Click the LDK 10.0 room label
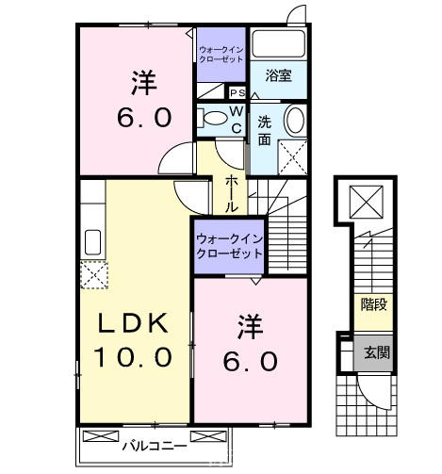[x=133, y=340]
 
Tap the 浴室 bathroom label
[x=278, y=75]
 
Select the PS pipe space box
[x=237, y=92]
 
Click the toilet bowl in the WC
[x=216, y=118]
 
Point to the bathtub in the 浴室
[x=279, y=43]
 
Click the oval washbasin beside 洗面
[x=294, y=120]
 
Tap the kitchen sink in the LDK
[x=92, y=242]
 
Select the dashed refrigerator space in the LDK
[x=94, y=274]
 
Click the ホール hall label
[x=231, y=194]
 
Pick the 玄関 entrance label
[x=376, y=352]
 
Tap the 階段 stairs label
[x=373, y=304]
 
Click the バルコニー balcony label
[x=155, y=446]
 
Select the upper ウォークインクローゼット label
[x=221, y=55]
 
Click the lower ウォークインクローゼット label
[x=229, y=246]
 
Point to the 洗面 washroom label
[x=265, y=131]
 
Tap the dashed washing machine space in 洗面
[x=292, y=157]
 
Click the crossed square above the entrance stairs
[x=366, y=202]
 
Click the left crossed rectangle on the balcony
[x=101, y=436]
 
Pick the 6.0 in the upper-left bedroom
[x=144, y=118]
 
